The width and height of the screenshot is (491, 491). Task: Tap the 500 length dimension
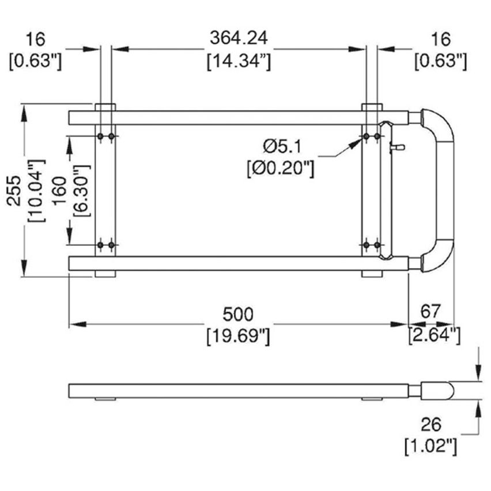tap(237, 314)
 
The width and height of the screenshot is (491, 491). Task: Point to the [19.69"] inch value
tap(238, 336)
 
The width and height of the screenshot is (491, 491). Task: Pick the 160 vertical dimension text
tap(58, 190)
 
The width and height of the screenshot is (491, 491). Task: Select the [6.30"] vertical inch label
tap(80, 190)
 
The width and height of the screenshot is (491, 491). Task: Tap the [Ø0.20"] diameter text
tap(279, 169)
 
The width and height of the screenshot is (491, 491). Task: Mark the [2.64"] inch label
tap(435, 335)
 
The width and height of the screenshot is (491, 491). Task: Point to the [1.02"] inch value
tap(431, 445)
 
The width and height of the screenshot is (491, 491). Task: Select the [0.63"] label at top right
tap(440, 60)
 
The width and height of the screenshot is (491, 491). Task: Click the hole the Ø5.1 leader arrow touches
tap(366, 137)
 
